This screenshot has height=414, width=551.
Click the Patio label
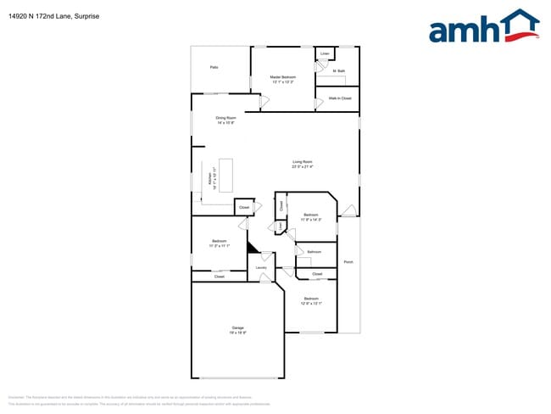tap(214, 66)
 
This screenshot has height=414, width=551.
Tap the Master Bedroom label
tap(282, 76)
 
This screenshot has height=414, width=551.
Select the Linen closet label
tap(325, 53)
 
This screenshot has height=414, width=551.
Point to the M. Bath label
tap(339, 70)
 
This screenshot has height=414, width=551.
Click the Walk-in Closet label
tap(340, 98)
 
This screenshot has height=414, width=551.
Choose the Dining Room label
tap(225, 118)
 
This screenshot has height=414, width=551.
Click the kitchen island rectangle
tap(226, 175)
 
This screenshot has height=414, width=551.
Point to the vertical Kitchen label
tap(209, 181)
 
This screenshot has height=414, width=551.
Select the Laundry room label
tap(261, 268)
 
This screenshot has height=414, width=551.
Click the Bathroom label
tap(314, 252)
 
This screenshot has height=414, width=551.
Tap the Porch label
tap(348, 262)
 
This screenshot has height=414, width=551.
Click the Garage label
tap(238, 327)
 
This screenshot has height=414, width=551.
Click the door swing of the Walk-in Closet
tap(320, 88)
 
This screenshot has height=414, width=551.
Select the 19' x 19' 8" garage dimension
tap(238, 333)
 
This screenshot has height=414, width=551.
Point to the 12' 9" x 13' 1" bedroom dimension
tap(311, 303)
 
